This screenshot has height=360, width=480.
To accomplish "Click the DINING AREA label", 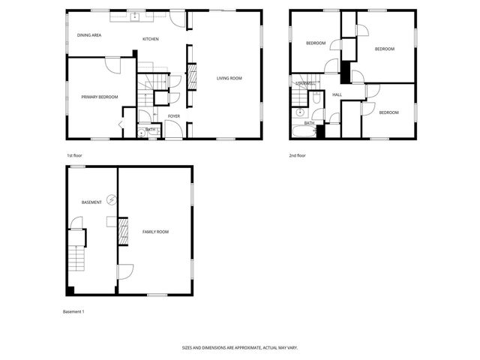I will [89, 35].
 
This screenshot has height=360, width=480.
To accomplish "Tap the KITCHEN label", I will [151, 38].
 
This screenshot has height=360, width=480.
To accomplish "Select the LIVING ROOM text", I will [229, 78].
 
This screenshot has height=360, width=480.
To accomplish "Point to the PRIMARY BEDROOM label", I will [100, 97].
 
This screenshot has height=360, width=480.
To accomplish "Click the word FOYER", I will [174, 116].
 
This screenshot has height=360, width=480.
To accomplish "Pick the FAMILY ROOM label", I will [155, 232].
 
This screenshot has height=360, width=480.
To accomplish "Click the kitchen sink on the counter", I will [136, 16].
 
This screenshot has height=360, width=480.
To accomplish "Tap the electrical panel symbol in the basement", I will [112, 199].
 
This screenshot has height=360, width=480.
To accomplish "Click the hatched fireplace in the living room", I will [190, 76].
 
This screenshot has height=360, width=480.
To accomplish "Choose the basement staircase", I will [76, 259].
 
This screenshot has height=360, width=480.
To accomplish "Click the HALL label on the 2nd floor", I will [337, 94].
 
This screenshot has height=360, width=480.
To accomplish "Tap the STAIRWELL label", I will [304, 83].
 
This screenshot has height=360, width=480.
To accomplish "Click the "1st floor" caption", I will [74, 155].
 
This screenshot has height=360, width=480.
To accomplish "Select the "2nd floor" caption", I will [298, 155].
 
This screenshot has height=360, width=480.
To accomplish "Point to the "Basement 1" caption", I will [73, 311].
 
